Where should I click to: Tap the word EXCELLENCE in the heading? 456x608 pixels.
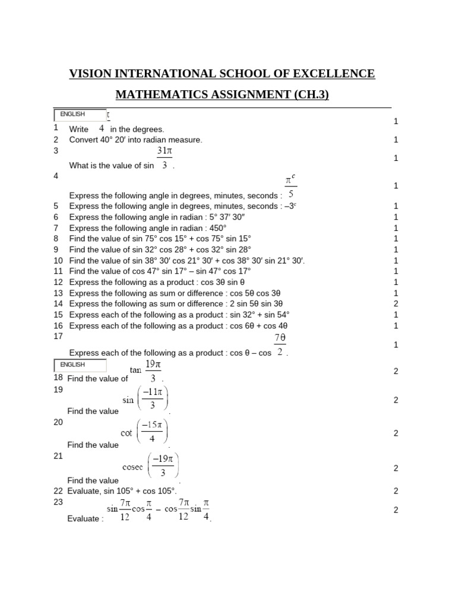pos(334,74)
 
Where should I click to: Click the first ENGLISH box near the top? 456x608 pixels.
pos(80,115)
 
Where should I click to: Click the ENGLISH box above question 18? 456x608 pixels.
pos(80,365)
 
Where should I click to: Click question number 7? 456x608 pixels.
pos(56,228)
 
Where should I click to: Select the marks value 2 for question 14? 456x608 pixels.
pos(395,303)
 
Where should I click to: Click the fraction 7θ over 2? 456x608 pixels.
pos(280,345)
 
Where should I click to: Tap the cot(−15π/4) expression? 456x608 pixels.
pos(145,433)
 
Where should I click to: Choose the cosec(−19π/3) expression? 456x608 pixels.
pos(150,467)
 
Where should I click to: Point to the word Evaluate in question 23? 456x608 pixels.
pos(83,518)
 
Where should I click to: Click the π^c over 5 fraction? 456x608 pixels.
pos(290,186)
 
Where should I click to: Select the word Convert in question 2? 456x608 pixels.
pos(84,140)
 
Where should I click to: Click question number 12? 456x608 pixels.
pos(58,282)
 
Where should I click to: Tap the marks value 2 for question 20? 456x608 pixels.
pos(395,433)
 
